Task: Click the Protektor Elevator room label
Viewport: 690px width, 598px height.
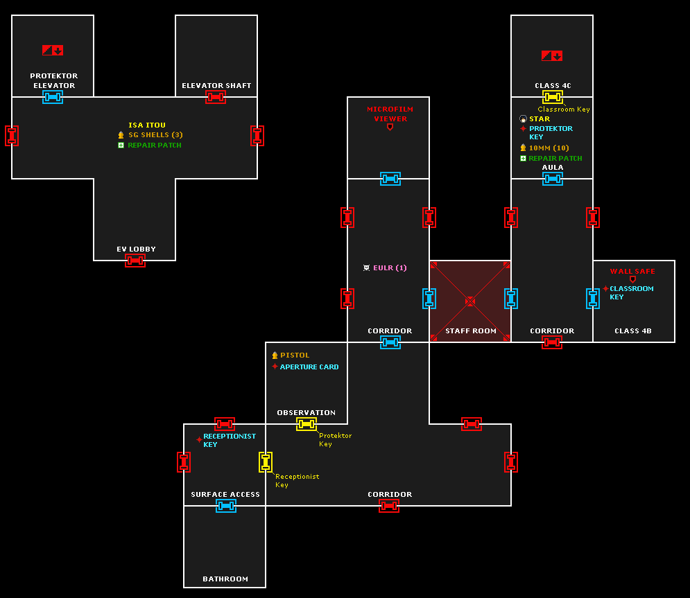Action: click(x=53, y=80)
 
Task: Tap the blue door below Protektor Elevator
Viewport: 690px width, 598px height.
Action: click(x=53, y=97)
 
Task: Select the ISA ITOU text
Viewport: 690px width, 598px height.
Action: click(x=147, y=125)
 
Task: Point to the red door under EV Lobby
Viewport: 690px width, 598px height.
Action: click(x=135, y=261)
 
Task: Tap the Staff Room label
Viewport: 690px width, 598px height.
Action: click(x=471, y=331)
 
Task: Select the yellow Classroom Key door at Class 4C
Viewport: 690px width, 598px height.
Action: click(x=553, y=97)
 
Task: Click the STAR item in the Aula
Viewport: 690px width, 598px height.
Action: click(x=540, y=119)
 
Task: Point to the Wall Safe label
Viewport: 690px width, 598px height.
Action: click(x=632, y=272)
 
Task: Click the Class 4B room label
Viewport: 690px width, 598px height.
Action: click(x=633, y=331)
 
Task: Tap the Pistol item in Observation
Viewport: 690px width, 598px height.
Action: click(x=295, y=355)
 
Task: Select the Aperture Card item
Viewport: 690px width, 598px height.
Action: click(x=309, y=367)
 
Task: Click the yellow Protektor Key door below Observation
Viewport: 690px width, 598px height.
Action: click(x=307, y=424)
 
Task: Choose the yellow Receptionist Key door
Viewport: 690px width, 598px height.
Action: click(x=266, y=462)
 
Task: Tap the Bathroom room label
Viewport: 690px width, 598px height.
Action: click(x=225, y=579)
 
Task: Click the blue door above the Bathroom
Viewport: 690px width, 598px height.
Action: click(x=226, y=506)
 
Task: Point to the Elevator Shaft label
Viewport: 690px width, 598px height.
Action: click(x=216, y=86)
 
